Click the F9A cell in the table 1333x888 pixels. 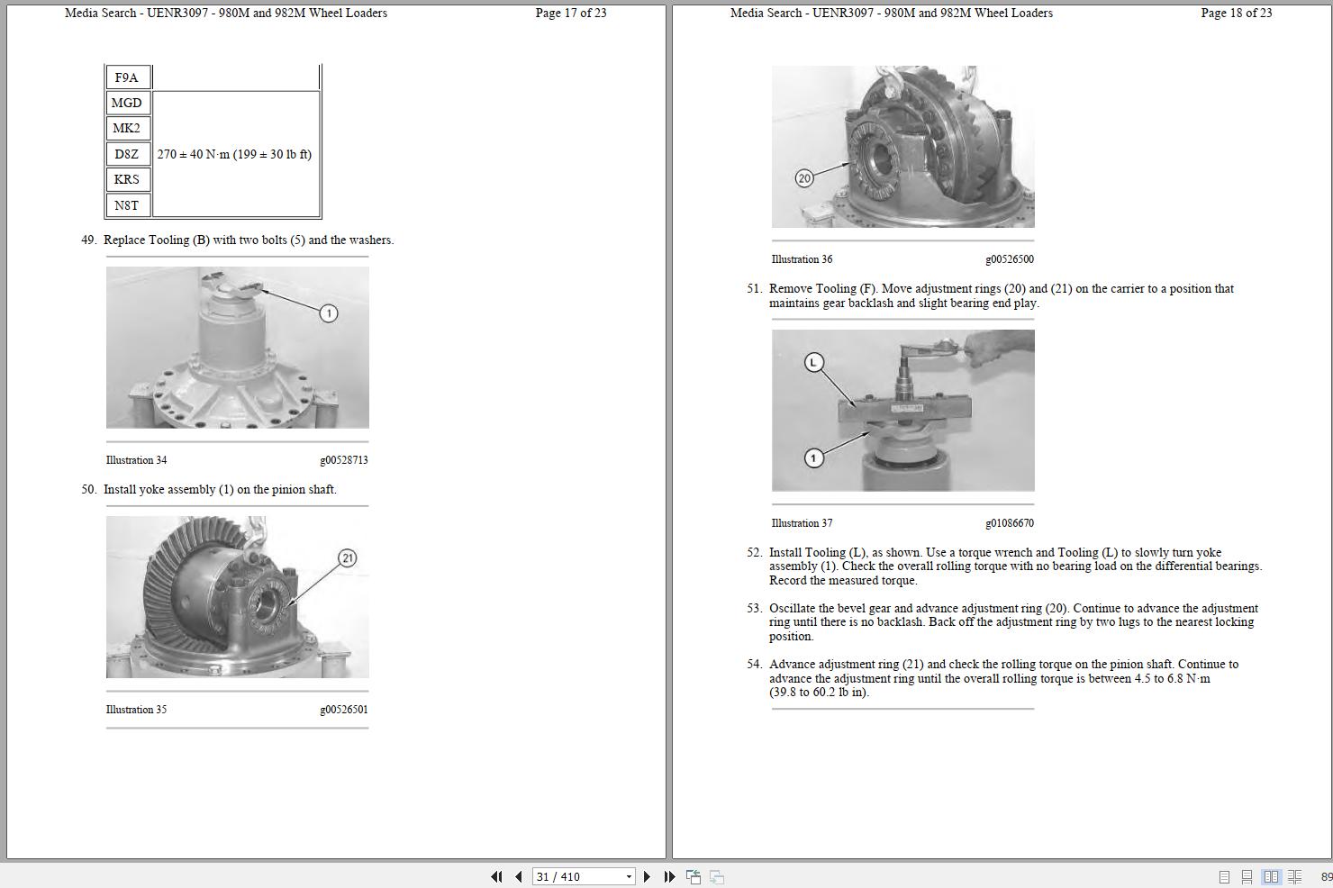point(127,77)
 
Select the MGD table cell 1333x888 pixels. point(127,103)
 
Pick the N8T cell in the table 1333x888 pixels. point(127,205)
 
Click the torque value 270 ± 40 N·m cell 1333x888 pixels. point(235,154)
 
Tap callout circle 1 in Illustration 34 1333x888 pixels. point(329,313)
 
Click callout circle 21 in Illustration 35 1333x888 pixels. point(348,558)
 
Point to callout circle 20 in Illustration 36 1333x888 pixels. point(804,178)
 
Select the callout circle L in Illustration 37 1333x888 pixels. point(814,363)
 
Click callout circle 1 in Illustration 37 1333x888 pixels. point(813,458)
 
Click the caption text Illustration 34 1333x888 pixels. point(136,460)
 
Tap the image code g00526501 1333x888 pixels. point(343,710)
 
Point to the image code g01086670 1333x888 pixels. point(1009,523)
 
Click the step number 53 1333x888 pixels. point(754,609)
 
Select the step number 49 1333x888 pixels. point(88,240)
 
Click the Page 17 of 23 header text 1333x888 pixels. point(570,13)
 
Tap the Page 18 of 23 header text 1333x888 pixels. point(1236,13)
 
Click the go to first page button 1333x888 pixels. point(496,876)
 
